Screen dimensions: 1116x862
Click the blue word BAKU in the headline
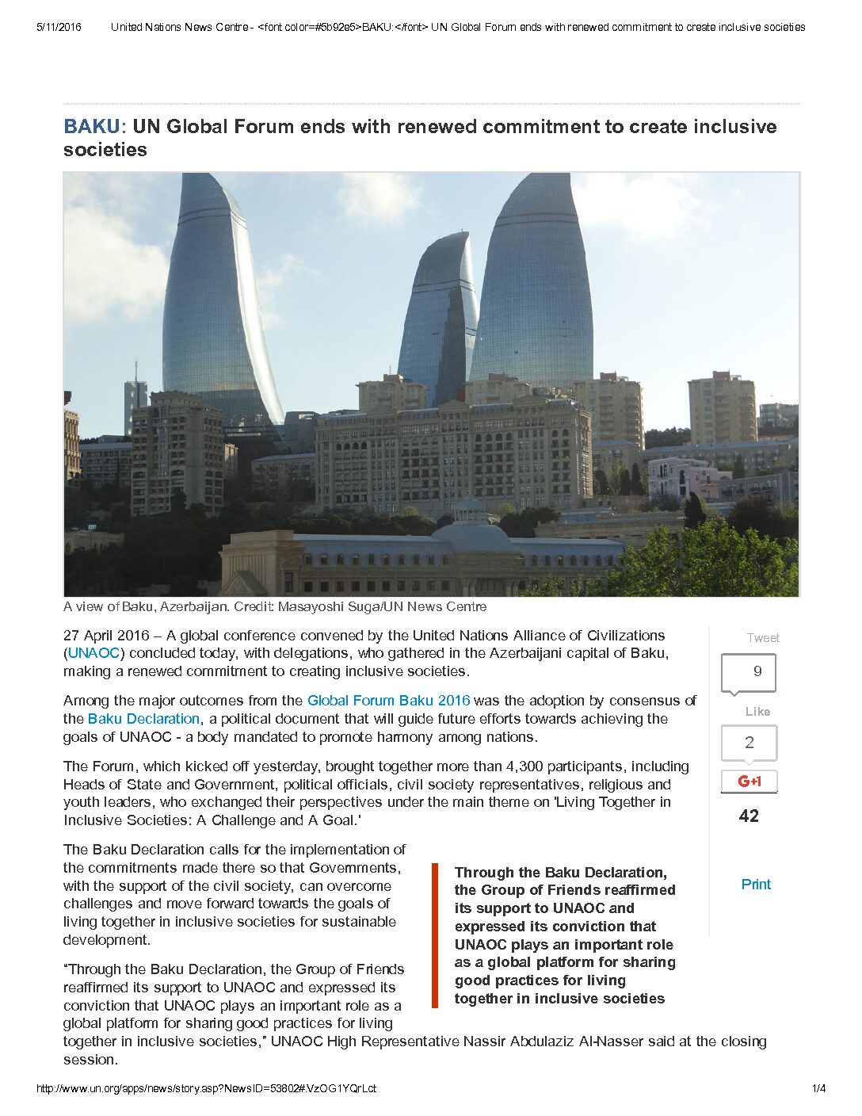[x=91, y=127]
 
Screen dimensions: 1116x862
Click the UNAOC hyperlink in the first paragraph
[x=93, y=653]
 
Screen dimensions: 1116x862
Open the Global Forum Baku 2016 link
[x=388, y=701]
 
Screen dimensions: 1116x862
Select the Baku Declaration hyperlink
[x=143, y=719]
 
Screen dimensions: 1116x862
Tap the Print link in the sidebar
[x=755, y=885]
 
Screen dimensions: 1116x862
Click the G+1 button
[x=749, y=782]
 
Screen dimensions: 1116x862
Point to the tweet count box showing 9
[x=749, y=672]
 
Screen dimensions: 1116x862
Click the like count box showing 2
[x=749, y=743]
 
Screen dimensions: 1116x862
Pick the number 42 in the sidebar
[x=749, y=816]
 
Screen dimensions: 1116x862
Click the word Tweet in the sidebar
[x=763, y=638]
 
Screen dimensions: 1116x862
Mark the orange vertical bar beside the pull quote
[x=434, y=936]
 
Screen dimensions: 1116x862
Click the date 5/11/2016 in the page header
[x=59, y=27]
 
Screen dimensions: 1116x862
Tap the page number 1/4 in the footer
[x=818, y=1089]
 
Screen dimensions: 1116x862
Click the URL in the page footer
[x=206, y=1089]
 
